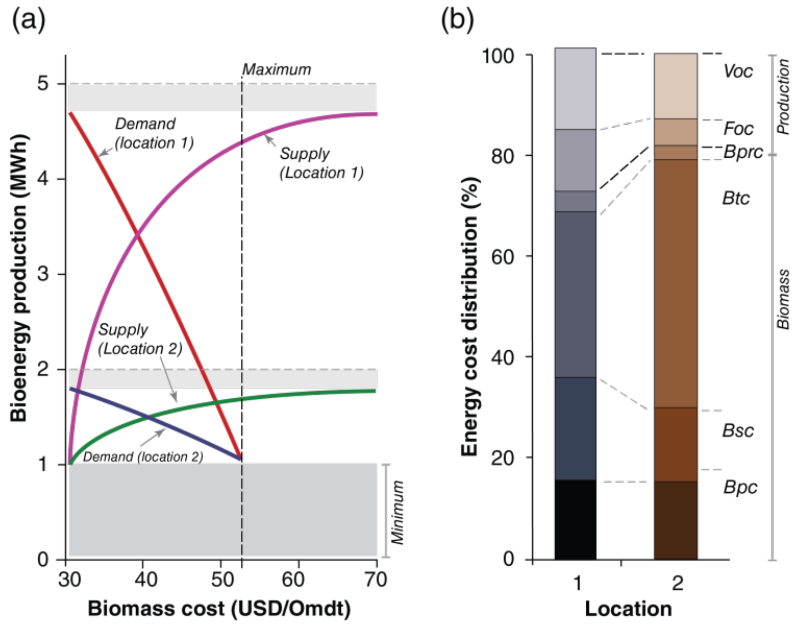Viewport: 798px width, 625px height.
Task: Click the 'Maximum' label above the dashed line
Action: [277, 69]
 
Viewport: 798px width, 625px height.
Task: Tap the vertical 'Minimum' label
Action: [398, 512]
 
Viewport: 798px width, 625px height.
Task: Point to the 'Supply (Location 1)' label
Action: [321, 163]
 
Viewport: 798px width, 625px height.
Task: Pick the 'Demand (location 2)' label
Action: [143, 457]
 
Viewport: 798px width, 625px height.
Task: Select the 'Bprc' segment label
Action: [743, 151]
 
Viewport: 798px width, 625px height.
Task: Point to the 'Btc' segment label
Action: [736, 198]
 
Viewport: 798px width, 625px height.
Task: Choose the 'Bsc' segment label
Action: [738, 430]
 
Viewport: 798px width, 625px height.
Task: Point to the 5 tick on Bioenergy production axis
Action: [43, 84]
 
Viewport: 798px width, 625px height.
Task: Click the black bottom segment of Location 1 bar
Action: [575, 519]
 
